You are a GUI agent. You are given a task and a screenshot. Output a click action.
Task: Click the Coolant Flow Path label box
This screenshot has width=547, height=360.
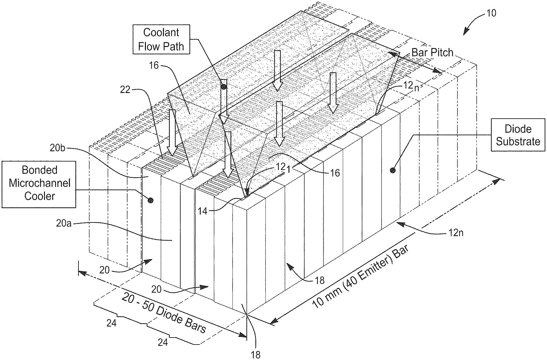tap(161, 39)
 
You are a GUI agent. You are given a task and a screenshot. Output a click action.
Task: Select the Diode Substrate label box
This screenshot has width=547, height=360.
tap(518, 135)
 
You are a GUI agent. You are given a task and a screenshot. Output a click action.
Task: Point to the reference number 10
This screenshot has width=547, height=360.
tap(491, 13)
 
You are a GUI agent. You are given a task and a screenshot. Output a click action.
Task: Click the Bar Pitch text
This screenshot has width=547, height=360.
tap(432, 52)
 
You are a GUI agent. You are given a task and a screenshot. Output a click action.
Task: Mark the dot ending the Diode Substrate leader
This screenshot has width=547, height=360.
tap(393, 170)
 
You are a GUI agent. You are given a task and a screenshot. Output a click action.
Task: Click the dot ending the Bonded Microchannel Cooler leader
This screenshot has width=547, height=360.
tap(151, 200)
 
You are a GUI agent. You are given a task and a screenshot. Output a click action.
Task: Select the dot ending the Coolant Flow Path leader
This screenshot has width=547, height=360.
tap(224, 87)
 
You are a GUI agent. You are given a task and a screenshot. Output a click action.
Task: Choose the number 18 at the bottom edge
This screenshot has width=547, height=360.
tap(255, 355)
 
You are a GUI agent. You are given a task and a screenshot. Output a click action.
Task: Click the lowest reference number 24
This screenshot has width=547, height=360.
tap(163, 342)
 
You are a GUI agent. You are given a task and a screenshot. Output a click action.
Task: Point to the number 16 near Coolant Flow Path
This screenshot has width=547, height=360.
tap(154, 66)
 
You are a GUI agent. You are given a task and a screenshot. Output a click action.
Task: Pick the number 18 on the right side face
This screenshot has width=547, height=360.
tap(320, 280)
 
